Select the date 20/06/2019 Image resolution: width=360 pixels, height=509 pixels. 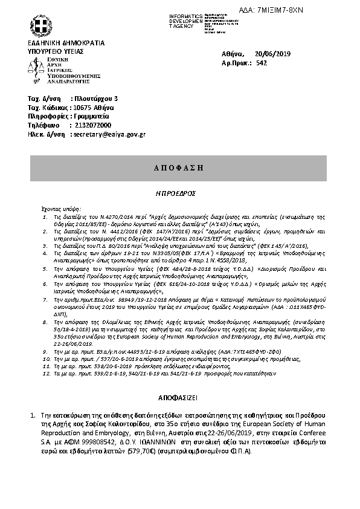[x=273, y=54]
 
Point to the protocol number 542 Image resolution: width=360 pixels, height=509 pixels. [x=262, y=63]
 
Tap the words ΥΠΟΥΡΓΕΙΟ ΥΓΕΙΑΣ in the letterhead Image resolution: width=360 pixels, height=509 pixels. [x=56, y=52]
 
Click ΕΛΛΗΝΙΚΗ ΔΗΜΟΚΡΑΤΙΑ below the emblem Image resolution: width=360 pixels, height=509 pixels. [x=66, y=44]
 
